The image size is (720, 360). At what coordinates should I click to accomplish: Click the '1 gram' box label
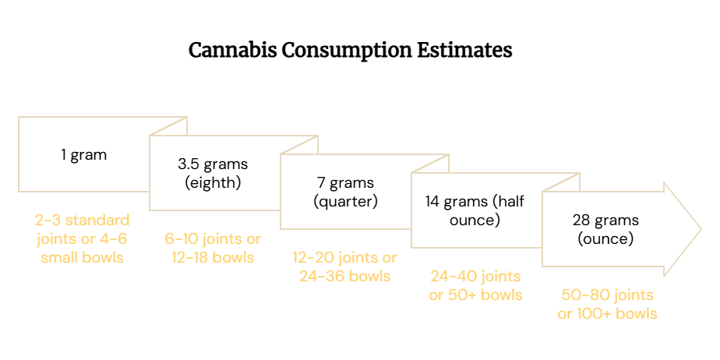(x=84, y=155)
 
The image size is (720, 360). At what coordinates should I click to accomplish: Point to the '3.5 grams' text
(x=213, y=164)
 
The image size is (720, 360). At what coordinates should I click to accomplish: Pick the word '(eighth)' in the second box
(x=213, y=183)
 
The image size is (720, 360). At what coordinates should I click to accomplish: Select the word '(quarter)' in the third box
(x=345, y=202)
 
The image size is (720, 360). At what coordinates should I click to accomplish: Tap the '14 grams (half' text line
(x=475, y=202)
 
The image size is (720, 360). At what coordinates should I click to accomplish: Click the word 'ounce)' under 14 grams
(x=475, y=221)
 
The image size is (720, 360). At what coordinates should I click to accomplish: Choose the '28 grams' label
(x=605, y=221)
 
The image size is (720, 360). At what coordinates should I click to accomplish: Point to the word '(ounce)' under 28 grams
(x=605, y=239)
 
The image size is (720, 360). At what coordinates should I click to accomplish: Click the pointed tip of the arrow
(x=701, y=229)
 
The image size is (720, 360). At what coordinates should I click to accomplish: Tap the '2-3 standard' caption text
(x=82, y=221)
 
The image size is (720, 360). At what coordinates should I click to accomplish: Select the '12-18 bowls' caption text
(x=213, y=258)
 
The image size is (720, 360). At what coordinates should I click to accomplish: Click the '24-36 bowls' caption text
(x=345, y=277)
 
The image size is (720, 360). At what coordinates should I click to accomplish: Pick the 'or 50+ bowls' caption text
(x=475, y=295)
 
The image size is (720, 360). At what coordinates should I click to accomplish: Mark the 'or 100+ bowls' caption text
(x=607, y=313)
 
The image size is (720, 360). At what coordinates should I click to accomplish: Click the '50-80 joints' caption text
(x=607, y=295)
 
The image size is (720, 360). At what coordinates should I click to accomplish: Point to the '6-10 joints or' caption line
(x=213, y=239)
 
